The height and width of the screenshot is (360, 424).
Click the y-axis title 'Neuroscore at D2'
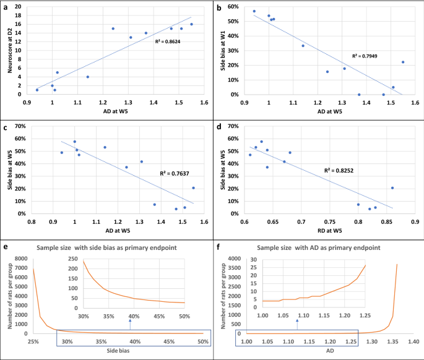pyautogui.click(x=10, y=50)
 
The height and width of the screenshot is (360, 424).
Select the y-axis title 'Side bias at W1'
pyautogui.click(x=222, y=50)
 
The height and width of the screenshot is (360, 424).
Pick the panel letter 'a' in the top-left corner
pyautogui.click(x=5, y=6)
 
